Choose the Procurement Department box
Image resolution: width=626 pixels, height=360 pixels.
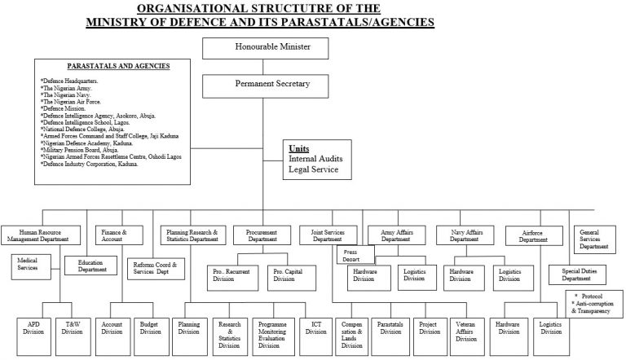pyautogui.click(x=262, y=235)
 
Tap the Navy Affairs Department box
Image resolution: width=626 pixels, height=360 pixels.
pyautogui.click(x=465, y=235)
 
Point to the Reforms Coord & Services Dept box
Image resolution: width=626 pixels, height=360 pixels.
pyautogui.click(x=156, y=270)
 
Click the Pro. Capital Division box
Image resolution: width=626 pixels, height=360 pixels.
pyautogui.click(x=284, y=278)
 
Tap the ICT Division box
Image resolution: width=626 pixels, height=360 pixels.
pyautogui.click(x=315, y=327)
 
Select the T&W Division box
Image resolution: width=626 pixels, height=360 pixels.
pyautogui.click(x=73, y=327)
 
